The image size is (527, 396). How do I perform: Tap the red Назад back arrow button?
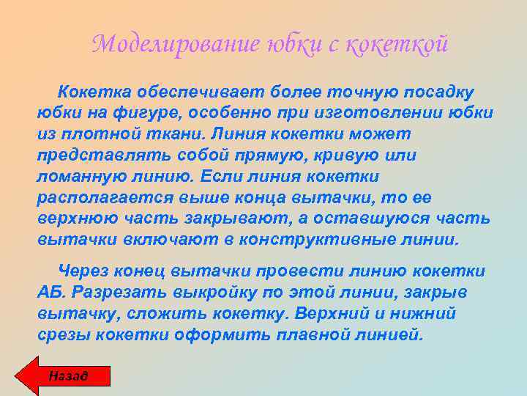tap(64, 375)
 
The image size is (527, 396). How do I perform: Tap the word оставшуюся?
tap(369, 219)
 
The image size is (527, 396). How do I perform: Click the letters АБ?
tap(50, 293)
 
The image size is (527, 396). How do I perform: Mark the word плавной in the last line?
tap(329, 334)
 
